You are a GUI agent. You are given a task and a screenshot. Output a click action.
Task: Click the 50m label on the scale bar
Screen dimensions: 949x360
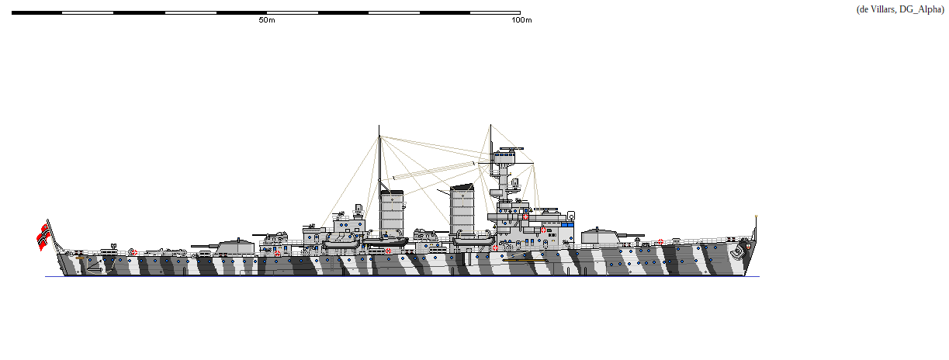tap(266, 20)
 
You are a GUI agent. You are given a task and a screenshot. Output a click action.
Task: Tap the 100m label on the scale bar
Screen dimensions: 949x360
tap(522, 20)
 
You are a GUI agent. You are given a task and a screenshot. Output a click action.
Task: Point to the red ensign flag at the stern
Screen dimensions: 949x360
tap(43, 236)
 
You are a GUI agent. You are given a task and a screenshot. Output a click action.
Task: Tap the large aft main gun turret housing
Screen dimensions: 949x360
tap(235, 247)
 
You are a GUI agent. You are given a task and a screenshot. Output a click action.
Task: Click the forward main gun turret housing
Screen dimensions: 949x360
tap(599, 237)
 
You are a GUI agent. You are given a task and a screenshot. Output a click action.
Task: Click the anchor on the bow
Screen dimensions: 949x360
tap(734, 252)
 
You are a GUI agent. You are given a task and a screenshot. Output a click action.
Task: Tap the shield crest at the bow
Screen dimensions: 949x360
tap(747, 248)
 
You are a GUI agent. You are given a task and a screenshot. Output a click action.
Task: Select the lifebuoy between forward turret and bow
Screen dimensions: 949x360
tap(660, 242)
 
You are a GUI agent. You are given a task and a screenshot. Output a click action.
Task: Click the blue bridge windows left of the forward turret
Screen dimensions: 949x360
tap(567, 224)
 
